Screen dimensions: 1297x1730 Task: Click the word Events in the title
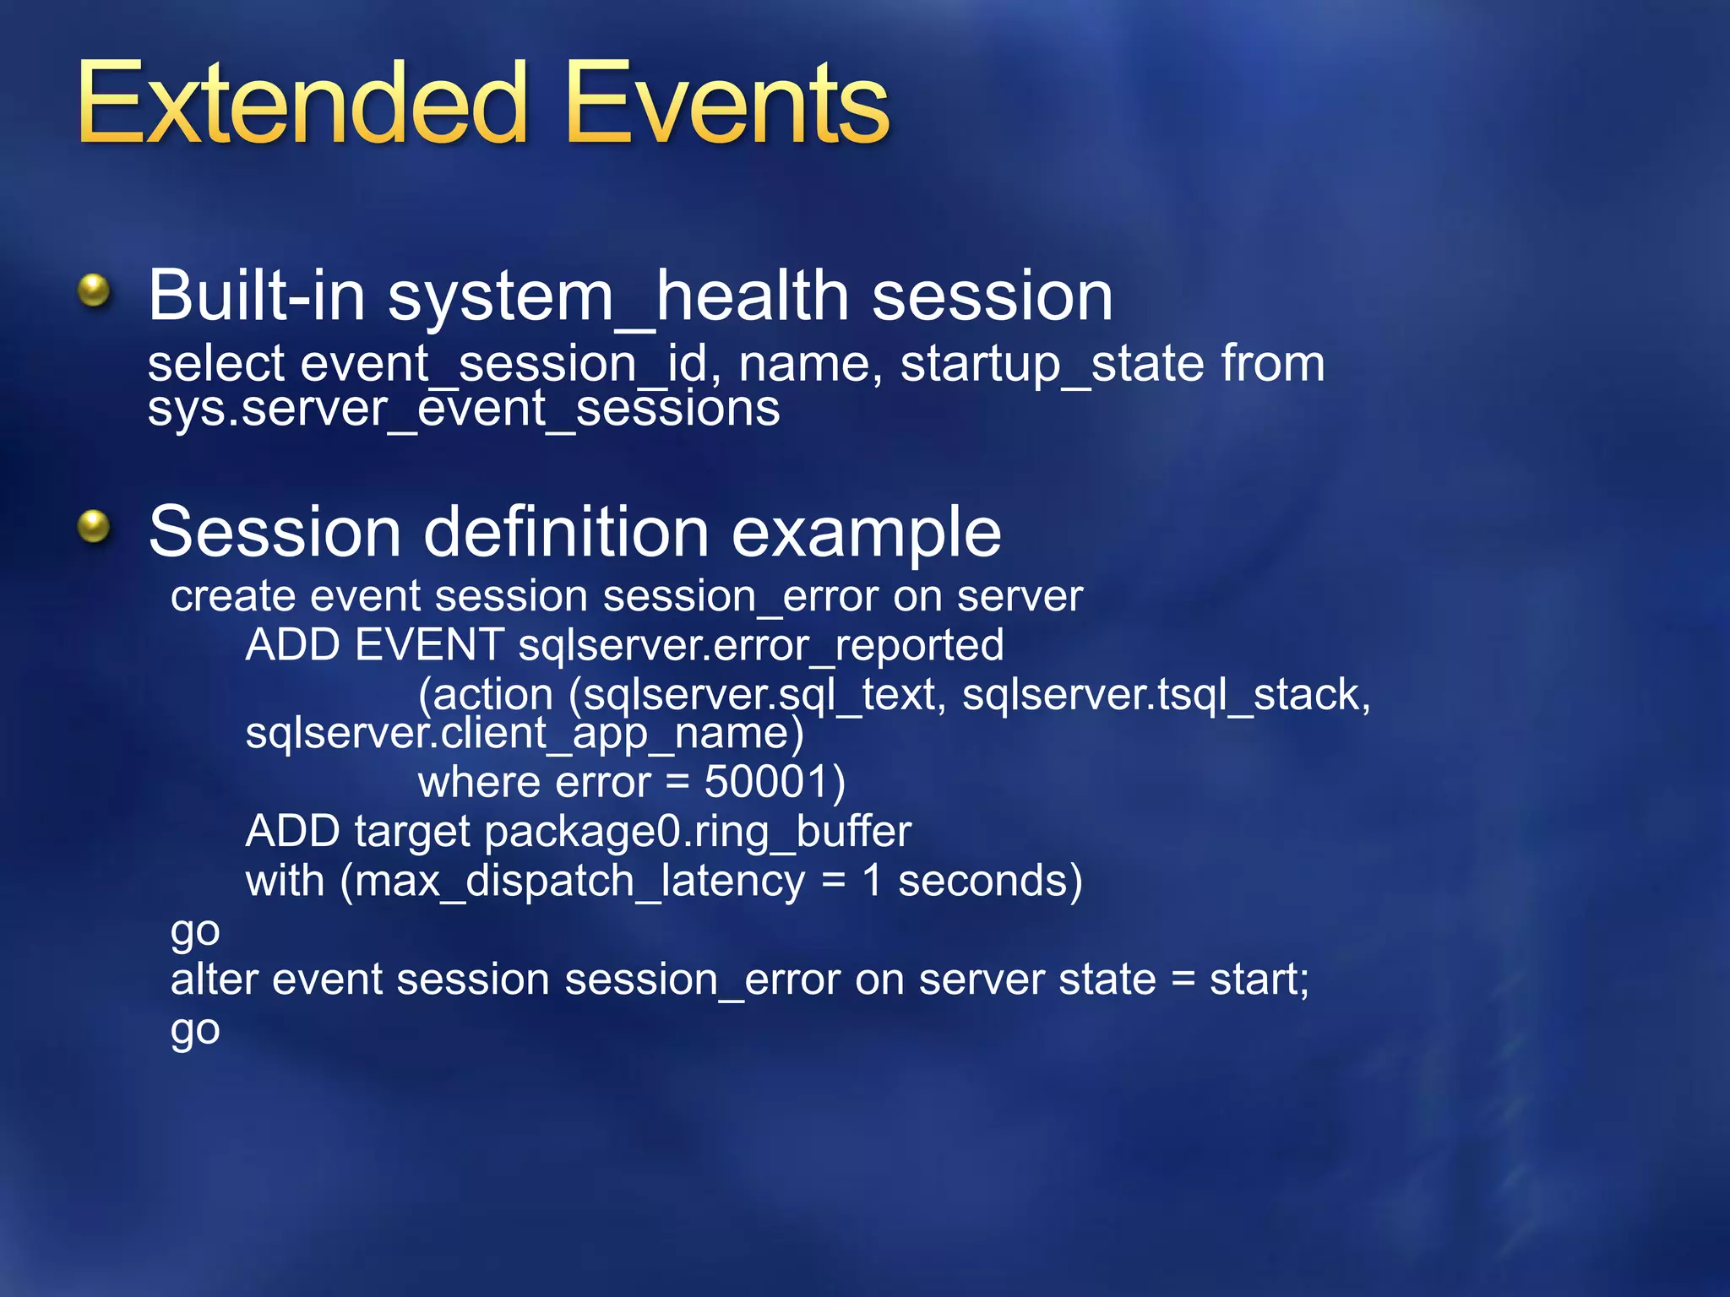726,103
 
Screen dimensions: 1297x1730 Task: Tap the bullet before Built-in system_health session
94,291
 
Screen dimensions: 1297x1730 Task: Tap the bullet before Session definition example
94,527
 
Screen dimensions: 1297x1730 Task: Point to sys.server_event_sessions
463,410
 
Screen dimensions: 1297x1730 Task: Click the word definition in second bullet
565,533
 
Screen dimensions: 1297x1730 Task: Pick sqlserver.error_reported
760,646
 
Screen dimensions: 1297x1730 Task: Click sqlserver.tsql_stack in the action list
1165,696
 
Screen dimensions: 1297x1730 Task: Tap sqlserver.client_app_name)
524,734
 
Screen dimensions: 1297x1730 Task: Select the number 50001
764,782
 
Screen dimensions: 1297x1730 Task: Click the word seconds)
989,882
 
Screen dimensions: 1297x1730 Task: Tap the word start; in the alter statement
1259,980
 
